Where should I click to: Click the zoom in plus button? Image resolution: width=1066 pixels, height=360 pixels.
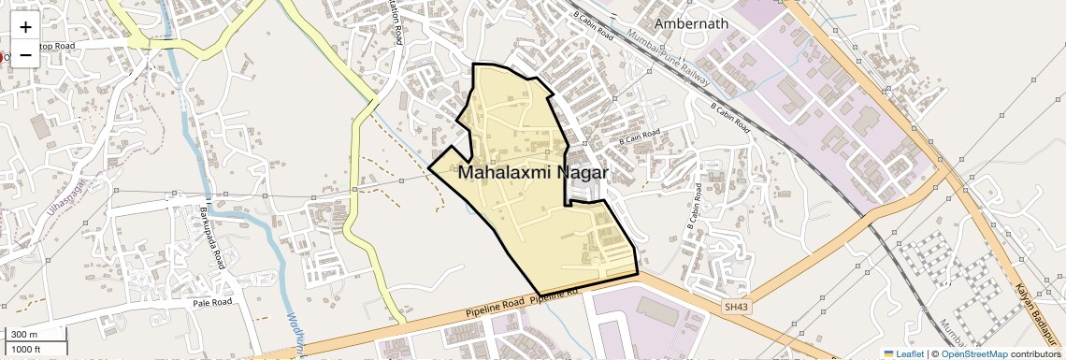tap(25, 27)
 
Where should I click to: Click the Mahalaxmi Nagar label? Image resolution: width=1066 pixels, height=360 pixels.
tap(533, 173)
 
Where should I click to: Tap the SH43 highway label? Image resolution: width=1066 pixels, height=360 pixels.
tap(737, 306)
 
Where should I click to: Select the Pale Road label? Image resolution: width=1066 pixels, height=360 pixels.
tap(211, 303)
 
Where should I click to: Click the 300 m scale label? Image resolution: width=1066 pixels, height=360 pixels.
tap(24, 334)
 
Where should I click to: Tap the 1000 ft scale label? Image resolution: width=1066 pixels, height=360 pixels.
tap(26, 349)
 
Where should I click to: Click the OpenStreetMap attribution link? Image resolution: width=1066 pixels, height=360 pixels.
tap(974, 353)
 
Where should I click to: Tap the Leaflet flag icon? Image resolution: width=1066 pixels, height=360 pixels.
tap(888, 353)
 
